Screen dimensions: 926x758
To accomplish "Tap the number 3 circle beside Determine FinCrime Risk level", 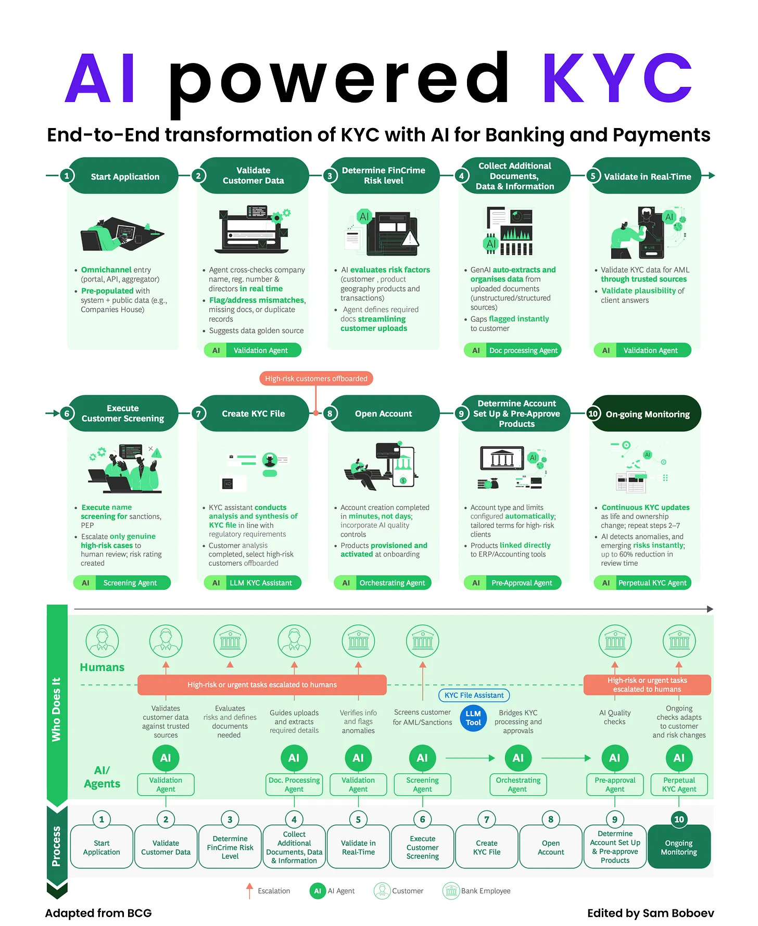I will coord(330,176).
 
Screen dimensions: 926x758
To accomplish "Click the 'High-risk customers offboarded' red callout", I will coord(316,378).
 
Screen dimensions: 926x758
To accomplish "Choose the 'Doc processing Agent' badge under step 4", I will coord(513,350).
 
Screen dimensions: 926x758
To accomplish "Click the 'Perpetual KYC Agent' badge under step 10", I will coord(643,582).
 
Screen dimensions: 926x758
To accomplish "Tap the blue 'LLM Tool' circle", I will coord(473,718).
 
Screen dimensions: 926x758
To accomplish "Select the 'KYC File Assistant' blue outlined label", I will coord(474,695).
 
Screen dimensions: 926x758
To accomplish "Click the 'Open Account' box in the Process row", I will coord(551,847).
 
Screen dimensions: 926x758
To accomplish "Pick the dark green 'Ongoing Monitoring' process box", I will coord(679,847).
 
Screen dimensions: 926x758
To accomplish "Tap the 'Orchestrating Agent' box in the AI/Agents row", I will coord(518,784).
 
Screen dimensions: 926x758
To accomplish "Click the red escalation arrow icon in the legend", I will coord(249,891).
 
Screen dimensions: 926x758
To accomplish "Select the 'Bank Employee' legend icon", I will coord(451,891).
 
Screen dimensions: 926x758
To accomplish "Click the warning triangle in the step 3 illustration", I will coord(410,238).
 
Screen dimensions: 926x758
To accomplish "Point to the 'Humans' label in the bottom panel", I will coord(102,667).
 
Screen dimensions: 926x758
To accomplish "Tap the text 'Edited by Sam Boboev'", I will coord(650,913).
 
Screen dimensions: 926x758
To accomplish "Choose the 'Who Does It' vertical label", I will coord(56,709).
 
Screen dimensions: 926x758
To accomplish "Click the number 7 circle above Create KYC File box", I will coord(487,819).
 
